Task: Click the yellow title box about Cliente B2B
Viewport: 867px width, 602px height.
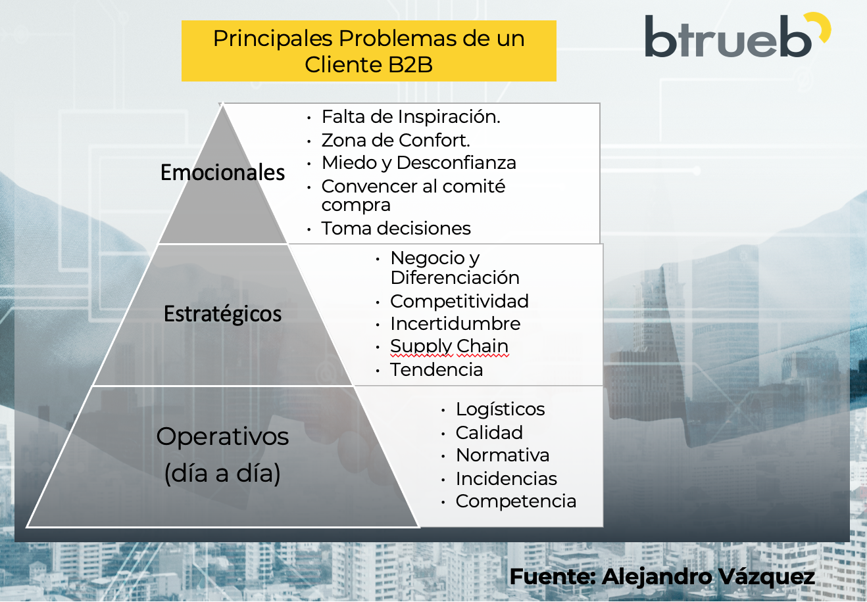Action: point(368,51)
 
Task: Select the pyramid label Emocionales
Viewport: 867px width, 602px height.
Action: point(222,173)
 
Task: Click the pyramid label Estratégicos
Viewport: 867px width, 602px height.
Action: point(222,314)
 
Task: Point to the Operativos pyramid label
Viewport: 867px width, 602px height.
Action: point(222,453)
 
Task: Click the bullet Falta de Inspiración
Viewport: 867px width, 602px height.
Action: point(410,117)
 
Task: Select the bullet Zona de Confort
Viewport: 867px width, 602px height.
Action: point(395,141)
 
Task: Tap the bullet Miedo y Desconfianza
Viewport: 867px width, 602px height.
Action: point(418,163)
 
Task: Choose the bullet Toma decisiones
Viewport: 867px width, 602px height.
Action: point(396,229)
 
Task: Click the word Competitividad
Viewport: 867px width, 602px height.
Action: point(459,302)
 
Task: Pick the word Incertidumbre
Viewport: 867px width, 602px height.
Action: point(455,324)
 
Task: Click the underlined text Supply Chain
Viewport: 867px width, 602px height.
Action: point(449,346)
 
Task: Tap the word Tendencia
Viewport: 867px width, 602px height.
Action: point(437,370)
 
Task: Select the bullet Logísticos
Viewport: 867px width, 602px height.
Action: point(500,409)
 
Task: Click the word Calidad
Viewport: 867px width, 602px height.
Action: point(489,433)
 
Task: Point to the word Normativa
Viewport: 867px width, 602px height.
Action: point(503,455)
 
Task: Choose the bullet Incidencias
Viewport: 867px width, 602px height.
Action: point(506,479)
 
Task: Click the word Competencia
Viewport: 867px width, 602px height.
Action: point(516,501)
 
